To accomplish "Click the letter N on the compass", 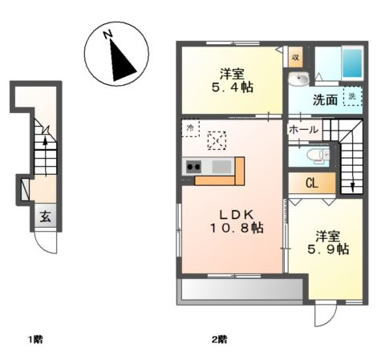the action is coord(107,34).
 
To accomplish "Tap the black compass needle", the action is coord(121,62).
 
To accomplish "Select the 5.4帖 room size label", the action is coord(233,87).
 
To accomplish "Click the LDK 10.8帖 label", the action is coord(237,221).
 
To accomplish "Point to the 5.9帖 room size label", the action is coord(328,249).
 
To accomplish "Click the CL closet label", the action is coord(312,184).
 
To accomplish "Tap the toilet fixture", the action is coord(318,156).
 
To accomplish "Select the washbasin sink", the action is coord(298,79).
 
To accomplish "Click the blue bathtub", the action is coord(352,63).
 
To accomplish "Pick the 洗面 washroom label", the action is coord(325,99).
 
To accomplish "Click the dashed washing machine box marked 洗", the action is coord(353,96).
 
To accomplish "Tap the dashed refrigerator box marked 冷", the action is coord(190,128).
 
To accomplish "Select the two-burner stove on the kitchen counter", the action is coord(193,167).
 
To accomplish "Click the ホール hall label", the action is coord(303,130).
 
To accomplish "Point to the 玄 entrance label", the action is coord(45,216).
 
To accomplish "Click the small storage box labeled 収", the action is coord(295,57).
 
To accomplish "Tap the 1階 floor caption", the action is coord(36,340).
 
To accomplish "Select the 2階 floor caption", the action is coord(220,340).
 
